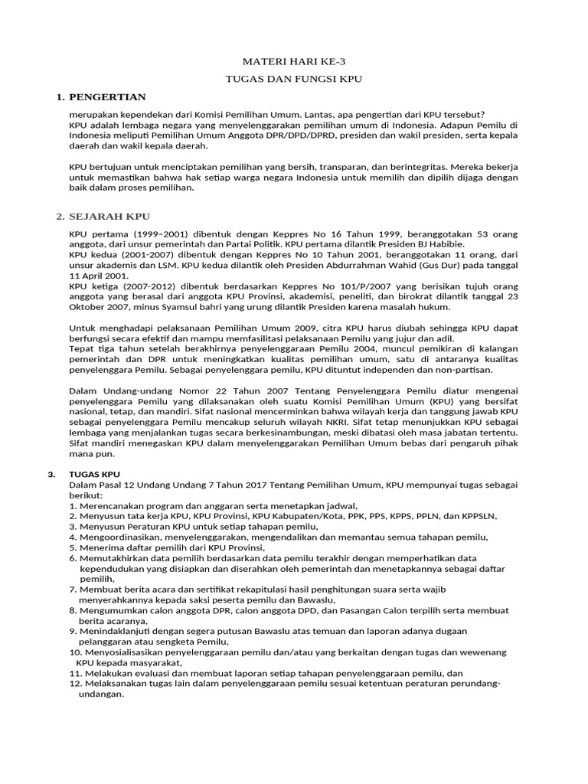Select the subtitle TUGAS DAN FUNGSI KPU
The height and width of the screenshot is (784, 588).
pos(294,79)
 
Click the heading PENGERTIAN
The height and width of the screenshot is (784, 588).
pos(106,97)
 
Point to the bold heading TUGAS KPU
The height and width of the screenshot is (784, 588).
pos(94,474)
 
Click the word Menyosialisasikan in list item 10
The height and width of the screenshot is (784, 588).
pos(123,652)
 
